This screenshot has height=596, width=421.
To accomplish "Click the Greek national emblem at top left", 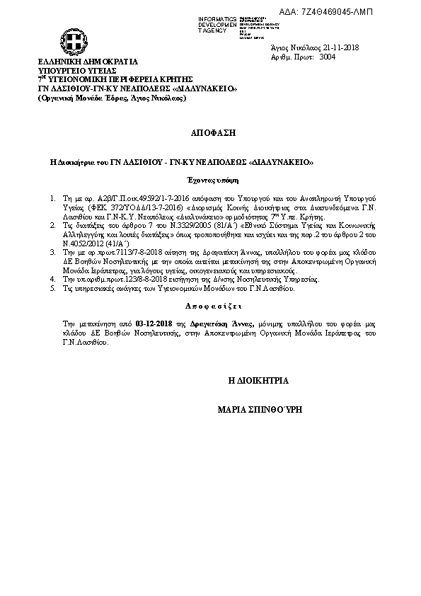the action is (x=73, y=40).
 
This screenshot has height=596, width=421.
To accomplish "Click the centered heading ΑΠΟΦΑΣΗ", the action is (x=212, y=132).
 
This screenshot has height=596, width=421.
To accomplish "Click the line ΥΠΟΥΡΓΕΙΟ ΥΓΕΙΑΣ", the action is (x=77, y=71).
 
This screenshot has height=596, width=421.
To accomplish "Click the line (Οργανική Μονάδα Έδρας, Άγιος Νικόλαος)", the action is (x=112, y=98).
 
